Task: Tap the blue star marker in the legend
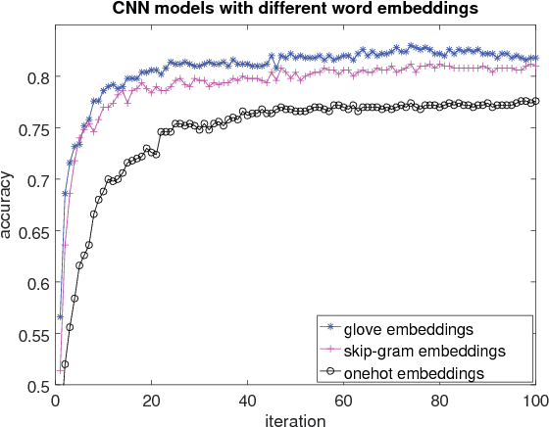click(332, 327)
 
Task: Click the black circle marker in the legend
click(332, 373)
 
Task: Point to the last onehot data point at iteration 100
click(534, 101)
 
